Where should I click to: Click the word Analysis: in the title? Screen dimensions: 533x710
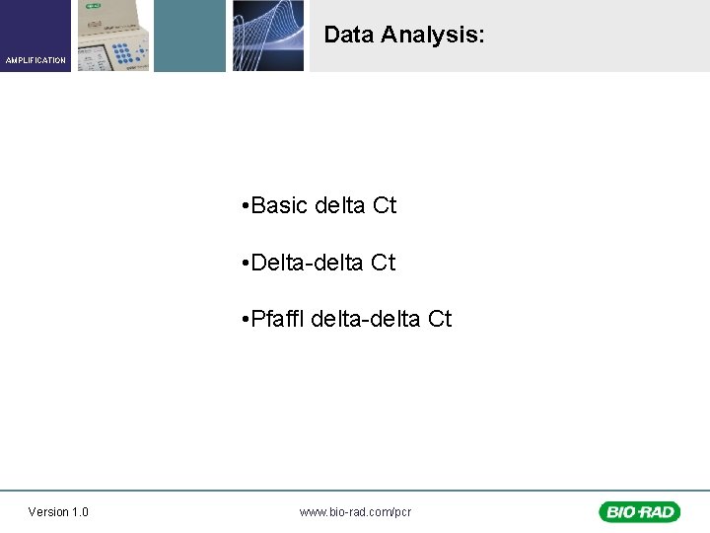[x=433, y=36]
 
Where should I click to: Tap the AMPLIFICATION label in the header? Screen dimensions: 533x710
[x=35, y=60]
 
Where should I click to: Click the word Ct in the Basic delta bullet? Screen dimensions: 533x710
[x=384, y=205]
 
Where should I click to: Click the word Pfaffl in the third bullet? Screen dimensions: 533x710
[x=278, y=319]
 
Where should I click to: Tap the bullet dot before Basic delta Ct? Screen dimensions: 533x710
[x=244, y=206]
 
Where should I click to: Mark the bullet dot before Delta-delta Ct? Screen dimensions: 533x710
[x=244, y=264]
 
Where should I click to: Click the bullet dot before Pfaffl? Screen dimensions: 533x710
[x=244, y=320]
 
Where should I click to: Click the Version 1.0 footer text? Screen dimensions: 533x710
[x=58, y=511]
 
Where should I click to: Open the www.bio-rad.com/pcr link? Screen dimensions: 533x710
[x=355, y=511]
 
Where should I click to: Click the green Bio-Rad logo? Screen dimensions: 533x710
[x=638, y=511]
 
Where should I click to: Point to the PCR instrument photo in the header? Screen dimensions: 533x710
[x=113, y=36]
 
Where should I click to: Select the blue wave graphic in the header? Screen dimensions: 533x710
[x=268, y=36]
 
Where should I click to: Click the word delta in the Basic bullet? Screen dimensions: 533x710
[x=340, y=205]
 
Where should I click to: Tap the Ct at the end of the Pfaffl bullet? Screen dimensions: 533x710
[x=440, y=319]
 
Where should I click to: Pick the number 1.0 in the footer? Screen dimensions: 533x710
[x=79, y=511]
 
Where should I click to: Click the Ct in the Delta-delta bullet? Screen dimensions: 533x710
[x=384, y=263]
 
